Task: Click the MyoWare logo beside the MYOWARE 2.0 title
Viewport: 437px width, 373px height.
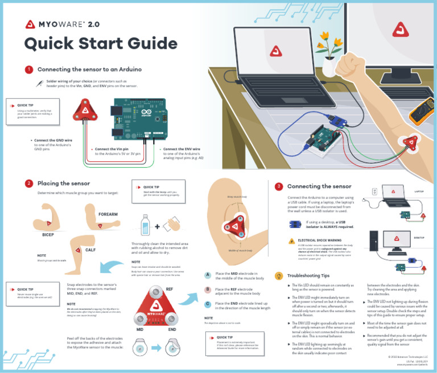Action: tap(30, 24)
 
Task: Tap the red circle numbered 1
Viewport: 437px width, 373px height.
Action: tap(28, 69)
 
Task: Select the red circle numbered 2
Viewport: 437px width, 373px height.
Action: tap(28, 183)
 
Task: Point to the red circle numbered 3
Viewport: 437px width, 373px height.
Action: tap(278, 186)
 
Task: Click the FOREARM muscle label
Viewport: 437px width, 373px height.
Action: tap(108, 214)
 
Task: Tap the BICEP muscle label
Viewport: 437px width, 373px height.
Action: tap(47, 234)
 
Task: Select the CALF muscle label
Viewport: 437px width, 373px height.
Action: tap(90, 250)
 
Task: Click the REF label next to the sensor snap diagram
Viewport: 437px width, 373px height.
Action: tap(169, 289)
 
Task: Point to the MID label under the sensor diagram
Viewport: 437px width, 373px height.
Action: tap(139, 329)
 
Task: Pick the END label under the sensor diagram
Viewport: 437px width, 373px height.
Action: tap(172, 329)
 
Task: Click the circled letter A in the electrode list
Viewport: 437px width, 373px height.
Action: tap(208, 275)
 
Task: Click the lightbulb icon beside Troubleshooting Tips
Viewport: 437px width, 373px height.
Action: tap(279, 275)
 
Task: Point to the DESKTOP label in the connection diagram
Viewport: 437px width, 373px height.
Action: tap(419, 238)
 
